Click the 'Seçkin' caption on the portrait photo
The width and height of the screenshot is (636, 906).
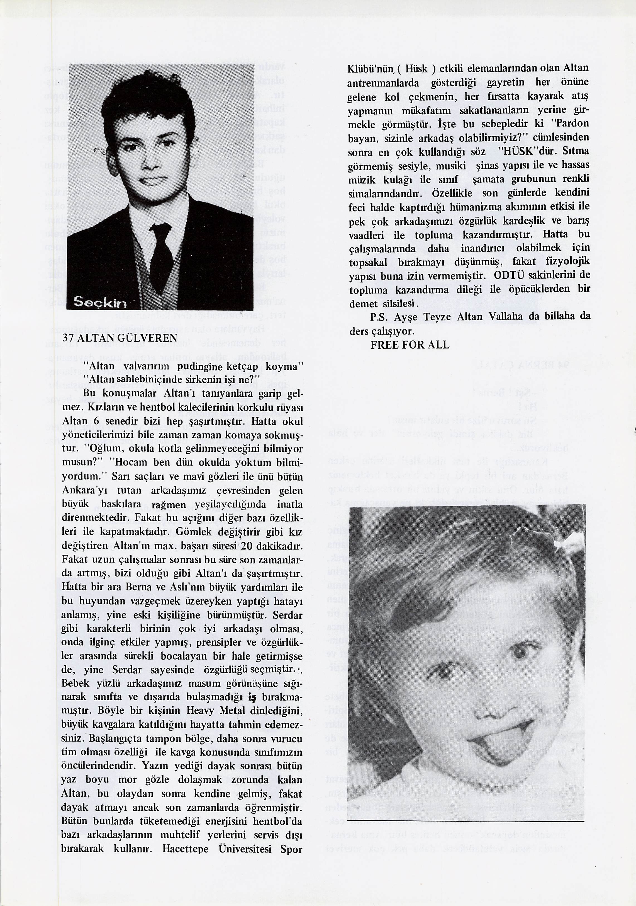[100, 303]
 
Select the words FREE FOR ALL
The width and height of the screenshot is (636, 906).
[410, 345]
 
